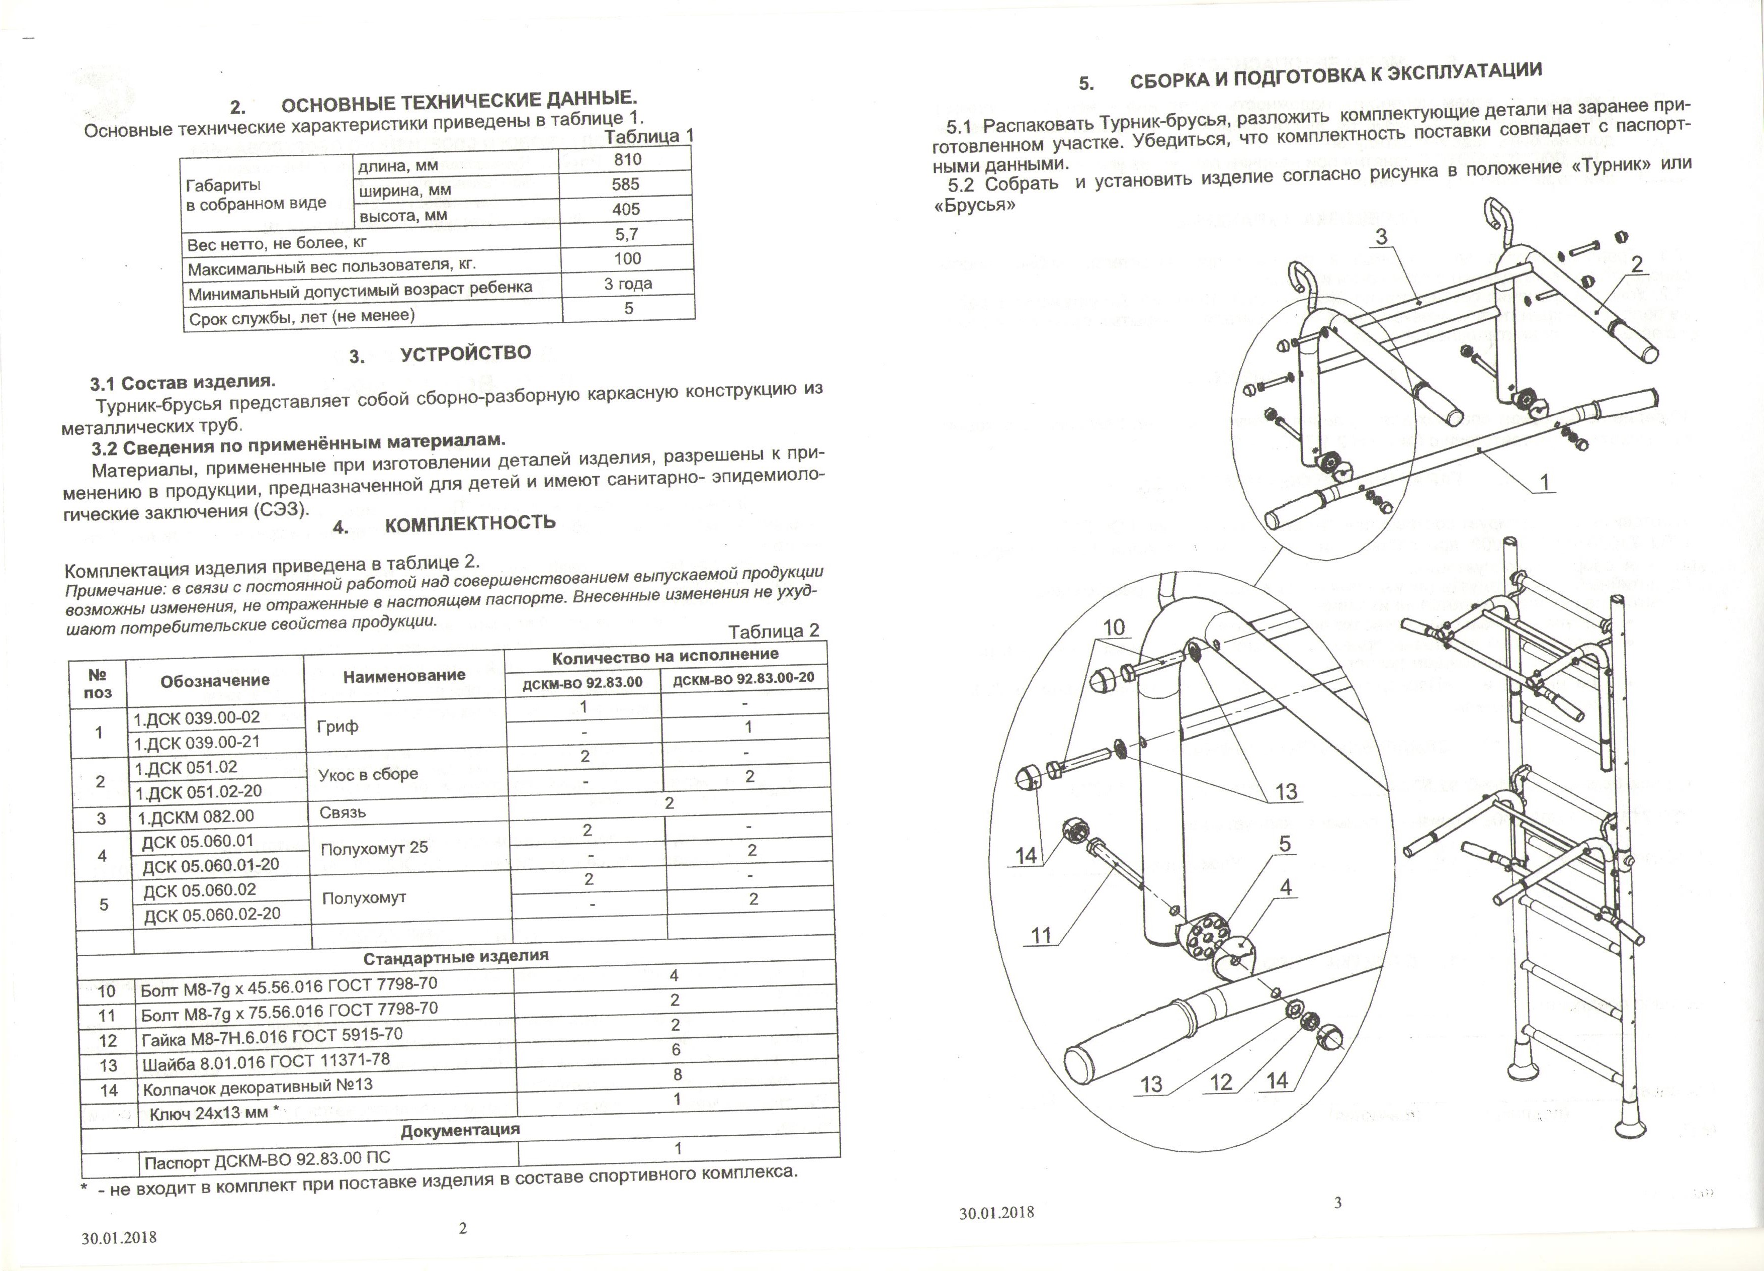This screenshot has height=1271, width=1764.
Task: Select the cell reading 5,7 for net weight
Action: [627, 233]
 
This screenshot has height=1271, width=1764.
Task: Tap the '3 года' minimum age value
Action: [628, 284]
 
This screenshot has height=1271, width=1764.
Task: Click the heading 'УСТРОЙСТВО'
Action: [465, 354]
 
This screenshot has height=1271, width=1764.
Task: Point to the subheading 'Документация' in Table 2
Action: [460, 1130]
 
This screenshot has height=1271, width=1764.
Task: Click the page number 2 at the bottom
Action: [463, 1228]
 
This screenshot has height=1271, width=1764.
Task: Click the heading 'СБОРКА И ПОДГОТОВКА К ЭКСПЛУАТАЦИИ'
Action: [1334, 77]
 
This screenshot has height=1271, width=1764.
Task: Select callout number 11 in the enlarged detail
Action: [1041, 935]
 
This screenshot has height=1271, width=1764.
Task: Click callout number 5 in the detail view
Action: [1284, 844]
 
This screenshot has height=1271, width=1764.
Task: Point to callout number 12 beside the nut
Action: [1221, 1082]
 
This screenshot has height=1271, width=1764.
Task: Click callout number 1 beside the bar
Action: [1544, 482]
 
